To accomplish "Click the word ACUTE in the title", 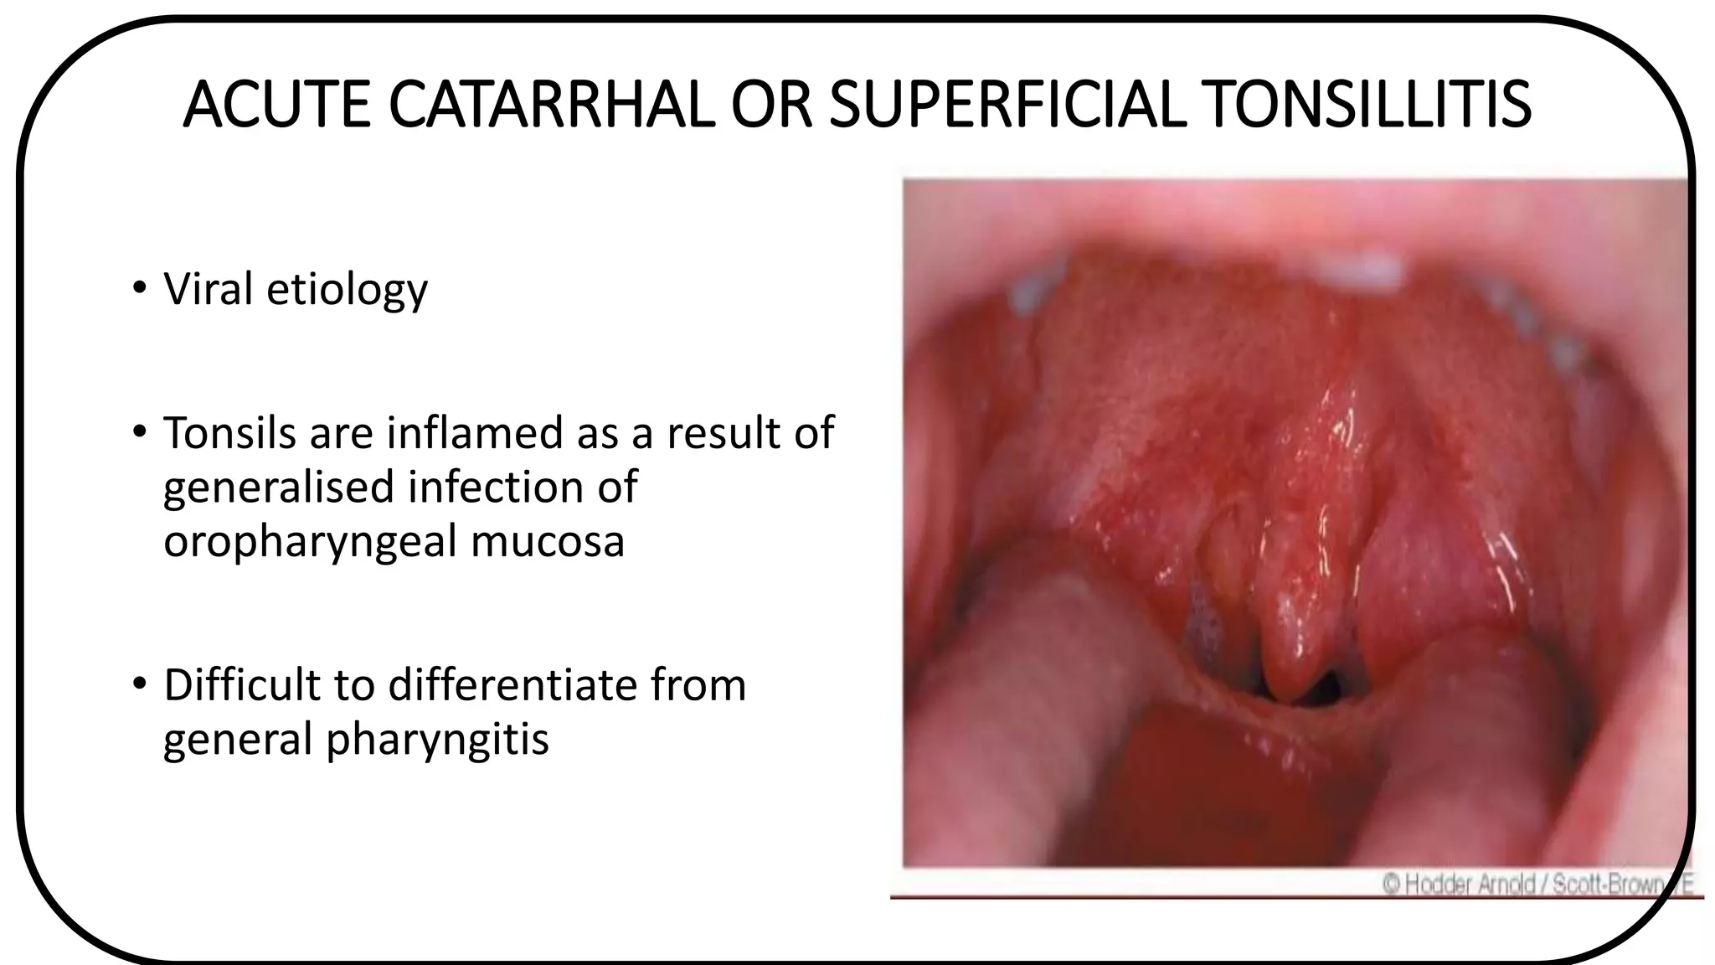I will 276,106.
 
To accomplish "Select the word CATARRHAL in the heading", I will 552,106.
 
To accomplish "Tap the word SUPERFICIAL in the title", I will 1008,106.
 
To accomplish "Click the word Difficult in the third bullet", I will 242,684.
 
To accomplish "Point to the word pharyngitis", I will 437,740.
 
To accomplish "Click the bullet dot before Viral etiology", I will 138,290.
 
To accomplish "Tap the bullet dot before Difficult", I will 138,685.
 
